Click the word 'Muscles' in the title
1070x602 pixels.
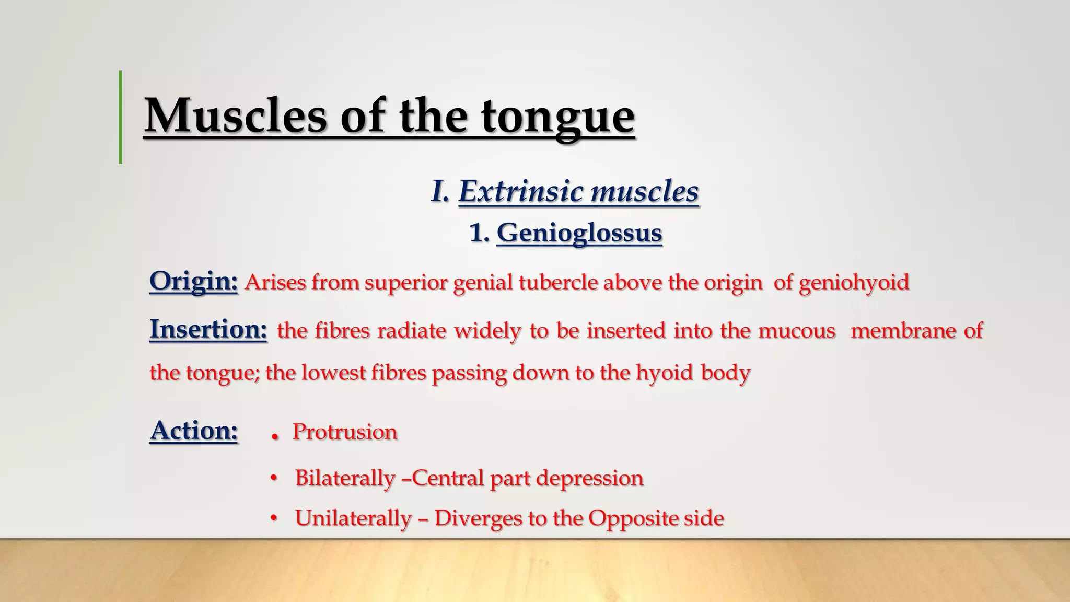235,116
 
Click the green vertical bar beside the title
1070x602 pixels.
121,117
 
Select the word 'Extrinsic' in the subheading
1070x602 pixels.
520,191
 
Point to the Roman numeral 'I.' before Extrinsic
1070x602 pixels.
440,191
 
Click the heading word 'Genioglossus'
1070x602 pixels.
579,233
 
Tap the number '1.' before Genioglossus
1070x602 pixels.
479,233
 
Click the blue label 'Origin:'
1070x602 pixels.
193,282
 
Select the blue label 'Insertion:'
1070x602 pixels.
208,330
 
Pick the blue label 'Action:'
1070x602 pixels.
194,431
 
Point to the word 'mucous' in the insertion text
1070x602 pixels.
797,331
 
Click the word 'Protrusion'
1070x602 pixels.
345,432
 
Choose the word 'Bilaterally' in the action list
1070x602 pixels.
344,478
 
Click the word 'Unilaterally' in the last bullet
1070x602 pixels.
353,518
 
